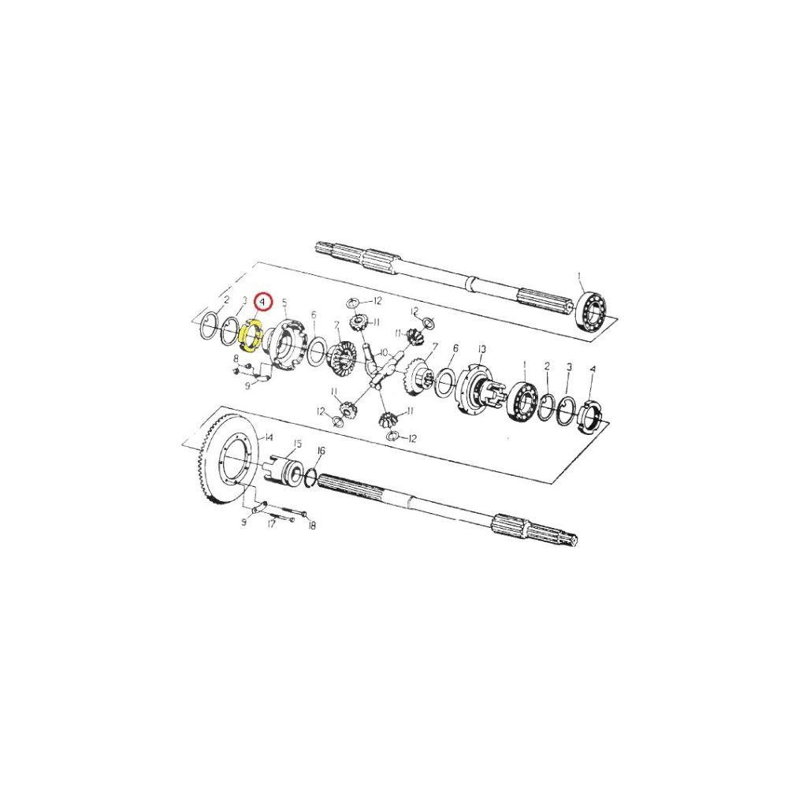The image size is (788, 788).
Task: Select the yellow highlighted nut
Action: [x=251, y=335]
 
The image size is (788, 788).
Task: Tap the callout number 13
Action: [x=482, y=349]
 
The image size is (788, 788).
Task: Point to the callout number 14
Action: [x=269, y=437]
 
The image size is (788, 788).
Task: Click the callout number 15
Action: [x=298, y=443]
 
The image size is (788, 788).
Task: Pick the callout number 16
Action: [x=322, y=450]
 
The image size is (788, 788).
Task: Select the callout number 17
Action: [x=271, y=524]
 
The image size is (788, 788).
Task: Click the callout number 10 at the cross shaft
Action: [x=384, y=353]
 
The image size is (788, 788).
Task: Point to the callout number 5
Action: [x=284, y=302]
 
